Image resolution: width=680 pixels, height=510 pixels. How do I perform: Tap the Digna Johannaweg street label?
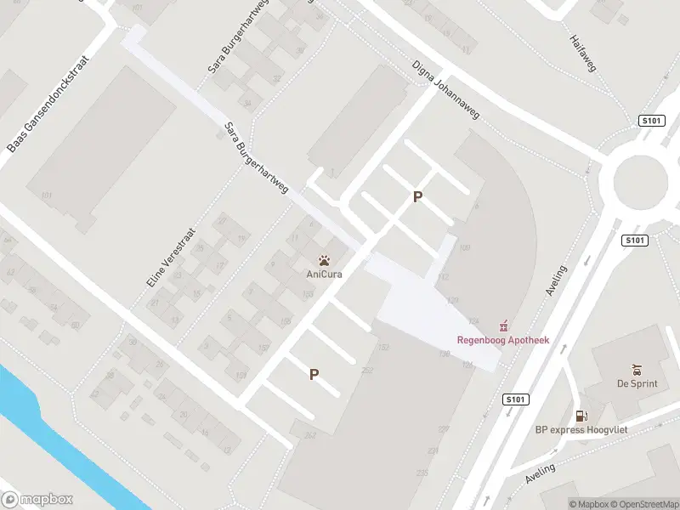445,91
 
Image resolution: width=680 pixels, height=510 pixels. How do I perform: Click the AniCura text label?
324,274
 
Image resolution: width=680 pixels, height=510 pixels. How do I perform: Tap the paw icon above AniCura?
324,260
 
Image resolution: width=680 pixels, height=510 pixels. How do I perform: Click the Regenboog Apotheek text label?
503,340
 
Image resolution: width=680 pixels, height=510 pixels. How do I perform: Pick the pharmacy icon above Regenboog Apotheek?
503,326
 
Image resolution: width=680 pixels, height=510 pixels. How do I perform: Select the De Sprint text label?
637,383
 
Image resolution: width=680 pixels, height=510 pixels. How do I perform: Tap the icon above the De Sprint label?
637,369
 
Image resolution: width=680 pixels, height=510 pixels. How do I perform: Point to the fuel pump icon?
581,416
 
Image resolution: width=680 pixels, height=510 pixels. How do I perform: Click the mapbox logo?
37,500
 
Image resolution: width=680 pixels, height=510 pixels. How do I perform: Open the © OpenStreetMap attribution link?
644,504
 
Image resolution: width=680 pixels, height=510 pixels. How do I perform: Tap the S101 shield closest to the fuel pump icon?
514,399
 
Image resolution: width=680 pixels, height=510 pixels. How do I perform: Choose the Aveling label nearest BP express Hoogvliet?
540,473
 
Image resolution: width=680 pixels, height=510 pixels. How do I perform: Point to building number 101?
46,196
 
